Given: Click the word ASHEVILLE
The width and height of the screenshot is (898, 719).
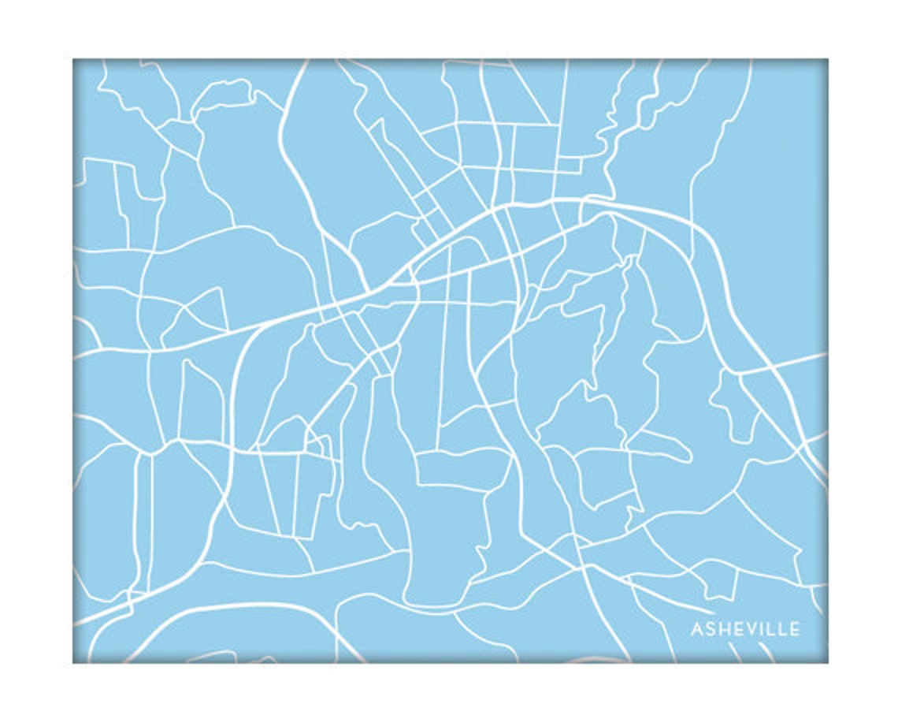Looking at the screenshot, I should tap(745, 629).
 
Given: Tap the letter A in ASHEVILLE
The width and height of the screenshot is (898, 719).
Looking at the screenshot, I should tap(697, 629).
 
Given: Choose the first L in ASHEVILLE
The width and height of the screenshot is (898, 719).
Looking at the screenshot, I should tap(767, 629).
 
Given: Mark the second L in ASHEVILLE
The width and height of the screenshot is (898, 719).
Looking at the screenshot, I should tap(780, 629).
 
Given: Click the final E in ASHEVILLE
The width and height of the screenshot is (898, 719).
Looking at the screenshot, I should tap(793, 629).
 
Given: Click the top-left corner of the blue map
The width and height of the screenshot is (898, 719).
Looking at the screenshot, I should tap(74, 60).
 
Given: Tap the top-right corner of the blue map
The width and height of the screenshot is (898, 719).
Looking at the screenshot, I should tap(826, 60).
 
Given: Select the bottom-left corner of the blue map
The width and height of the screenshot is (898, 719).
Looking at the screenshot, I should tap(74, 661).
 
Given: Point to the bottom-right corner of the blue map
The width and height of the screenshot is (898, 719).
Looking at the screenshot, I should tap(826, 661).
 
